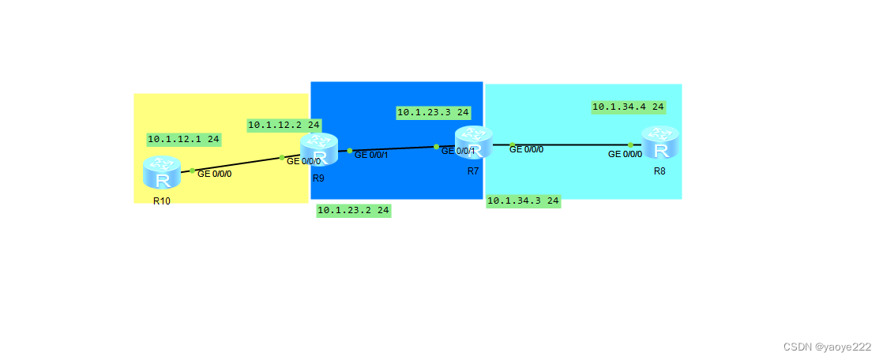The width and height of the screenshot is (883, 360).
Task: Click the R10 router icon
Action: tap(162, 172)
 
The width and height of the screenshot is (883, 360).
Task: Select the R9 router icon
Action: tap(319, 149)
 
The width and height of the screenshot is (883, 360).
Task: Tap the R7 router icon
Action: tap(474, 142)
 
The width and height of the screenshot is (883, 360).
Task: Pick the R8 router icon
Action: tap(660, 143)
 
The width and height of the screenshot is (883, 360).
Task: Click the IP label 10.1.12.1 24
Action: tap(183, 139)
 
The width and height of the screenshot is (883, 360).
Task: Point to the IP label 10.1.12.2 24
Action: tap(284, 125)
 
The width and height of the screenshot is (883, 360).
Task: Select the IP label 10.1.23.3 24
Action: tap(433, 112)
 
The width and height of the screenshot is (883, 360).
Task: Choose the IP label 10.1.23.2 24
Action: tap(353, 210)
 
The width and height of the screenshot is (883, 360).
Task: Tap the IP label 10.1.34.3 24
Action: tap(523, 201)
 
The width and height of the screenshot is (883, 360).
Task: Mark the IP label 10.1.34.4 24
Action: tap(628, 107)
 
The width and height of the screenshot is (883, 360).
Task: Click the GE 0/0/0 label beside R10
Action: tap(215, 174)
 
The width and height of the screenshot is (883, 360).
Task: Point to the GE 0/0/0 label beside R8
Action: tap(625, 155)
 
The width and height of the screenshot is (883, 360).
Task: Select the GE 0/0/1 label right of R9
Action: tap(371, 155)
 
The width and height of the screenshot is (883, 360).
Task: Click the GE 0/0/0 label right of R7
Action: tap(527, 149)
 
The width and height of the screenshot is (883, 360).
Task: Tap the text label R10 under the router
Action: tap(162, 201)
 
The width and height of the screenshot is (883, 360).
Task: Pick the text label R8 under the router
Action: tap(659, 171)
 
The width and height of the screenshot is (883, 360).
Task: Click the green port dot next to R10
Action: tap(192, 170)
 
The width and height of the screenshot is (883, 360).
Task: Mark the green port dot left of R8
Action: tap(630, 144)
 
